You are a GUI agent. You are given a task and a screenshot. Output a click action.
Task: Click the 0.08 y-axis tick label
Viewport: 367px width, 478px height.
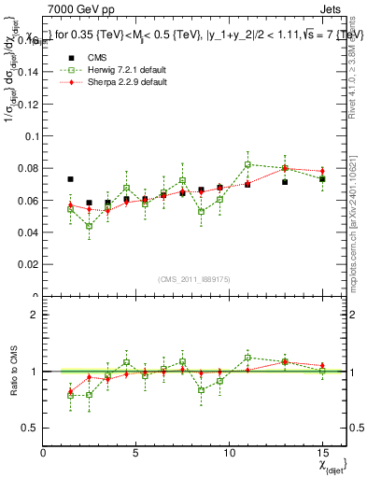tap(28, 168)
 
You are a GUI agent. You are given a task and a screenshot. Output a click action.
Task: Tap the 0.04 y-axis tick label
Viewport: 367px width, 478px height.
tap(28, 232)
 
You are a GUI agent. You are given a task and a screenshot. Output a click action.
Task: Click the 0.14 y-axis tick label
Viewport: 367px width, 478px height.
tap(28, 71)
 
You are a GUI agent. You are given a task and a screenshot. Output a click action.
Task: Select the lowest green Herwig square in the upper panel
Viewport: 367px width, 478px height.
tap(90, 226)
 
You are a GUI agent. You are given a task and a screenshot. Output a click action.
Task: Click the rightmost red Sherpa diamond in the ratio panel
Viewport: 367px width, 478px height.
tap(322, 365)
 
